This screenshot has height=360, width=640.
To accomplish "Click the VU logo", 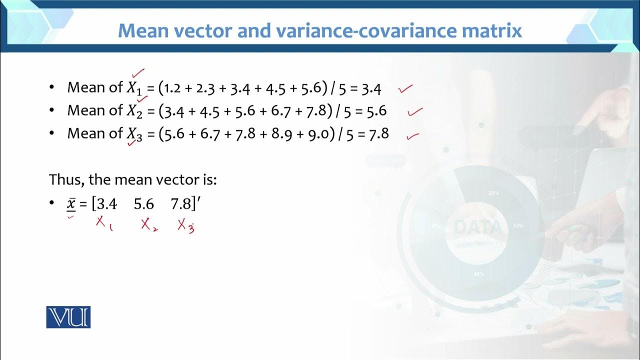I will [68, 317].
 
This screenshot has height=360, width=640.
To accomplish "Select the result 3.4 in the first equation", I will [371, 89].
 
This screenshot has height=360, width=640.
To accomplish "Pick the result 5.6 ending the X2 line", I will [376, 111].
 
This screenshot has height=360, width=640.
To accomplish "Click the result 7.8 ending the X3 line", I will [378, 133].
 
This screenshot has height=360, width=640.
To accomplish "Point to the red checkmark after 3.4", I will [405, 89].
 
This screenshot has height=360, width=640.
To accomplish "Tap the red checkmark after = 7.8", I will [412, 135].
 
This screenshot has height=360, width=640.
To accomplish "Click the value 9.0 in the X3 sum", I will [320, 133].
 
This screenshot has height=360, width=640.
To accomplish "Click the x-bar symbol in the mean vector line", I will [71, 204].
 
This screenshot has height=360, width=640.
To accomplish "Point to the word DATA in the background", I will [477, 228].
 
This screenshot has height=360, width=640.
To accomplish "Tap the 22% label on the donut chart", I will [493, 193].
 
